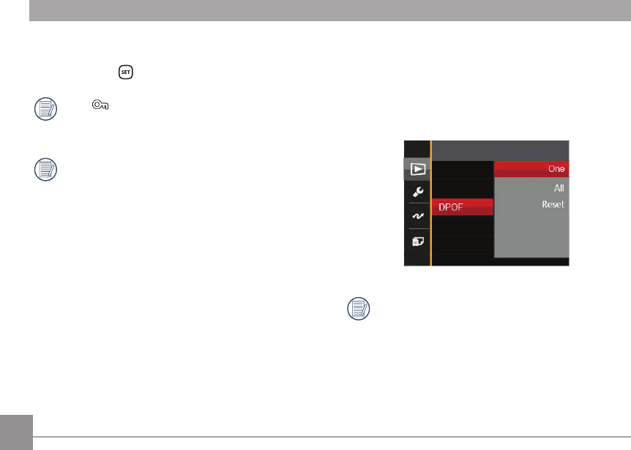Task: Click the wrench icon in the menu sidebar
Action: coord(417,192)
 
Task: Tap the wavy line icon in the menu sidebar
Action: coord(417,217)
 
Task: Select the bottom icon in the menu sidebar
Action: coord(417,241)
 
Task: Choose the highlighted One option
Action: coord(531,168)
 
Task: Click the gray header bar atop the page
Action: coord(329,10)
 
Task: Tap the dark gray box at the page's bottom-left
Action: coord(16,432)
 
